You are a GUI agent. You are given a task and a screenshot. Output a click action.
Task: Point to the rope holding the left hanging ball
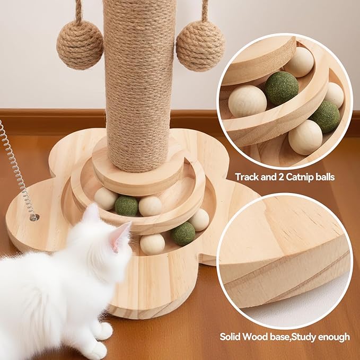(x=78, y=11)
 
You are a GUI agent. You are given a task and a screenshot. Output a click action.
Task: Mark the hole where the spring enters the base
(x=34, y=216)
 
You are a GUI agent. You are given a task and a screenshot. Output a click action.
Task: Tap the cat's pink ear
(x=121, y=235)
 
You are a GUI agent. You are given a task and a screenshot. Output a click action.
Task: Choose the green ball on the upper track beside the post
(x=126, y=205)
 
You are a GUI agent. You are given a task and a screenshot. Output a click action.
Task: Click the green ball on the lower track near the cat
(x=183, y=233)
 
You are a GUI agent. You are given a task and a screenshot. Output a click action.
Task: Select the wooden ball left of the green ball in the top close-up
(x=247, y=101)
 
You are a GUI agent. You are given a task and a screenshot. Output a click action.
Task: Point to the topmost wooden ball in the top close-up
(x=301, y=62)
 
